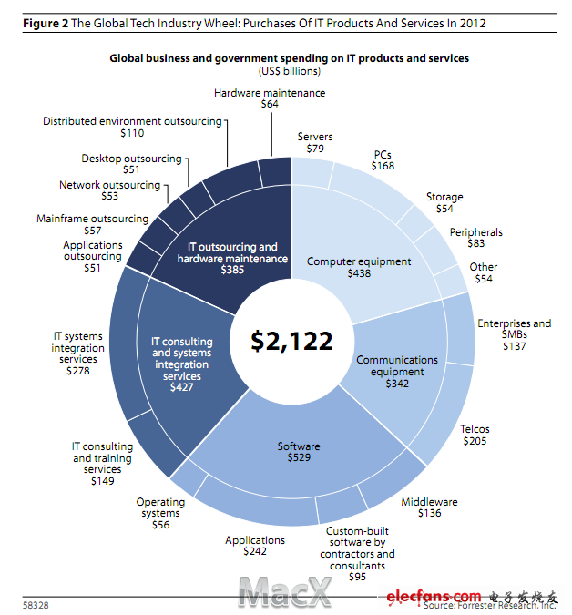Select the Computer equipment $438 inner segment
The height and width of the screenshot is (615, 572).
tap(358, 267)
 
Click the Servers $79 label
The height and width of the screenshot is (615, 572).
tap(315, 142)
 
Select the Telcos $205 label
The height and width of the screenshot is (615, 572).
tap(474, 435)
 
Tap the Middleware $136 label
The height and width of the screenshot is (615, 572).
tap(429, 507)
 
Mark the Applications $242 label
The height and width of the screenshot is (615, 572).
tap(255, 546)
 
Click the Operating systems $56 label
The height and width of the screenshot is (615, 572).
tap(160, 513)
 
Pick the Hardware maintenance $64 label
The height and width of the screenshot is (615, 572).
tap(269, 98)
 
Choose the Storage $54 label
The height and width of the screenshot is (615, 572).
tap(444, 202)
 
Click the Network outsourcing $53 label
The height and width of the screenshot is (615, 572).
tap(109, 190)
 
